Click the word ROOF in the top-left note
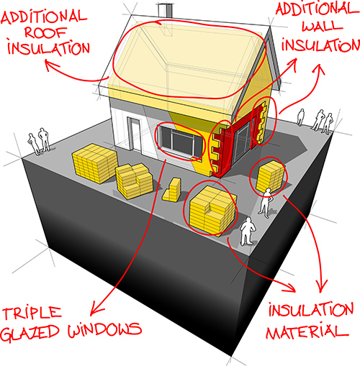click(x=45, y=32)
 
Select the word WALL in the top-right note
click(x=322, y=26)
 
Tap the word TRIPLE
click(x=32, y=314)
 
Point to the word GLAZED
click(x=30, y=332)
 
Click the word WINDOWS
click(x=104, y=330)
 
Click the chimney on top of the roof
click(x=166, y=10)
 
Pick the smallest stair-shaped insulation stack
click(x=172, y=189)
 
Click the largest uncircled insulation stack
click(x=94, y=163)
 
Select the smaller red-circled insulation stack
click(x=270, y=176)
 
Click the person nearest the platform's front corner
click(x=247, y=232)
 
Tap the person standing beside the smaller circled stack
click(x=266, y=203)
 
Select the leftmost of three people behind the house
click(x=300, y=117)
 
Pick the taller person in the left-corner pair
click(x=44, y=139)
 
